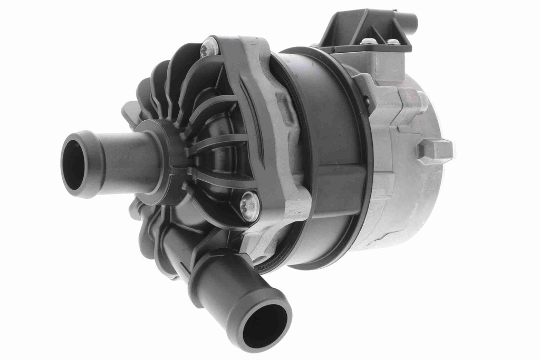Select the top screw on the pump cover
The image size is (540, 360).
[x=209, y=48]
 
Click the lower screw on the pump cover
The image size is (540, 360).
[x=249, y=205]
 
